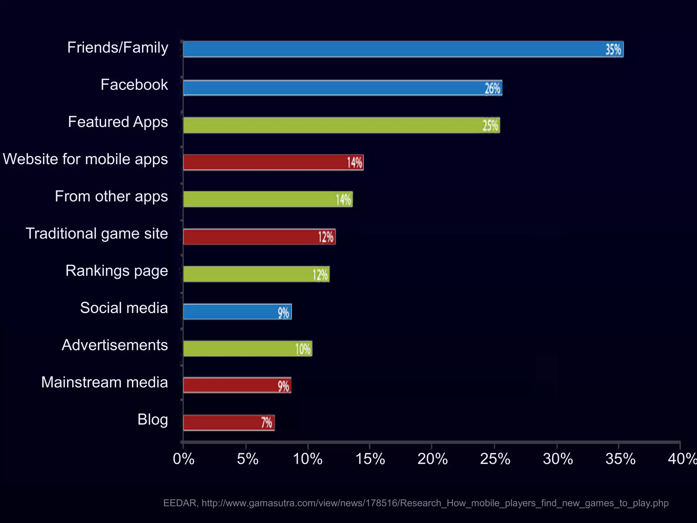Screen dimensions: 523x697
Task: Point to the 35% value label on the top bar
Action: click(x=613, y=50)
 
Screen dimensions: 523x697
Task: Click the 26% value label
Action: click(x=492, y=89)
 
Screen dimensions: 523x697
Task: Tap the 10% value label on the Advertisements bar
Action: click(x=303, y=349)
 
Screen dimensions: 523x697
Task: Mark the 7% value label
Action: click(x=266, y=423)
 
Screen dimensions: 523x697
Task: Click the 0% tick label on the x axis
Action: click(x=183, y=459)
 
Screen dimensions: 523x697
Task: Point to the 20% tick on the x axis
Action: click(x=432, y=459)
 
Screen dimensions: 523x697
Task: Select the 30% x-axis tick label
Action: click(x=557, y=459)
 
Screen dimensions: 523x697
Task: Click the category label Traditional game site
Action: click(x=97, y=234)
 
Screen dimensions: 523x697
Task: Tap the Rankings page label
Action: click(x=116, y=271)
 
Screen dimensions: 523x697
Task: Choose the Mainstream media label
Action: click(x=104, y=382)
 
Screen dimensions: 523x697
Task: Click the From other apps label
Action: click(x=111, y=196)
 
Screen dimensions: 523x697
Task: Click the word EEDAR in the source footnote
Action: click(x=180, y=503)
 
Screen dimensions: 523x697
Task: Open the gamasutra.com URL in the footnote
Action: click(x=435, y=503)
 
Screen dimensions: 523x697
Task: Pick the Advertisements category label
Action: click(x=115, y=345)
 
